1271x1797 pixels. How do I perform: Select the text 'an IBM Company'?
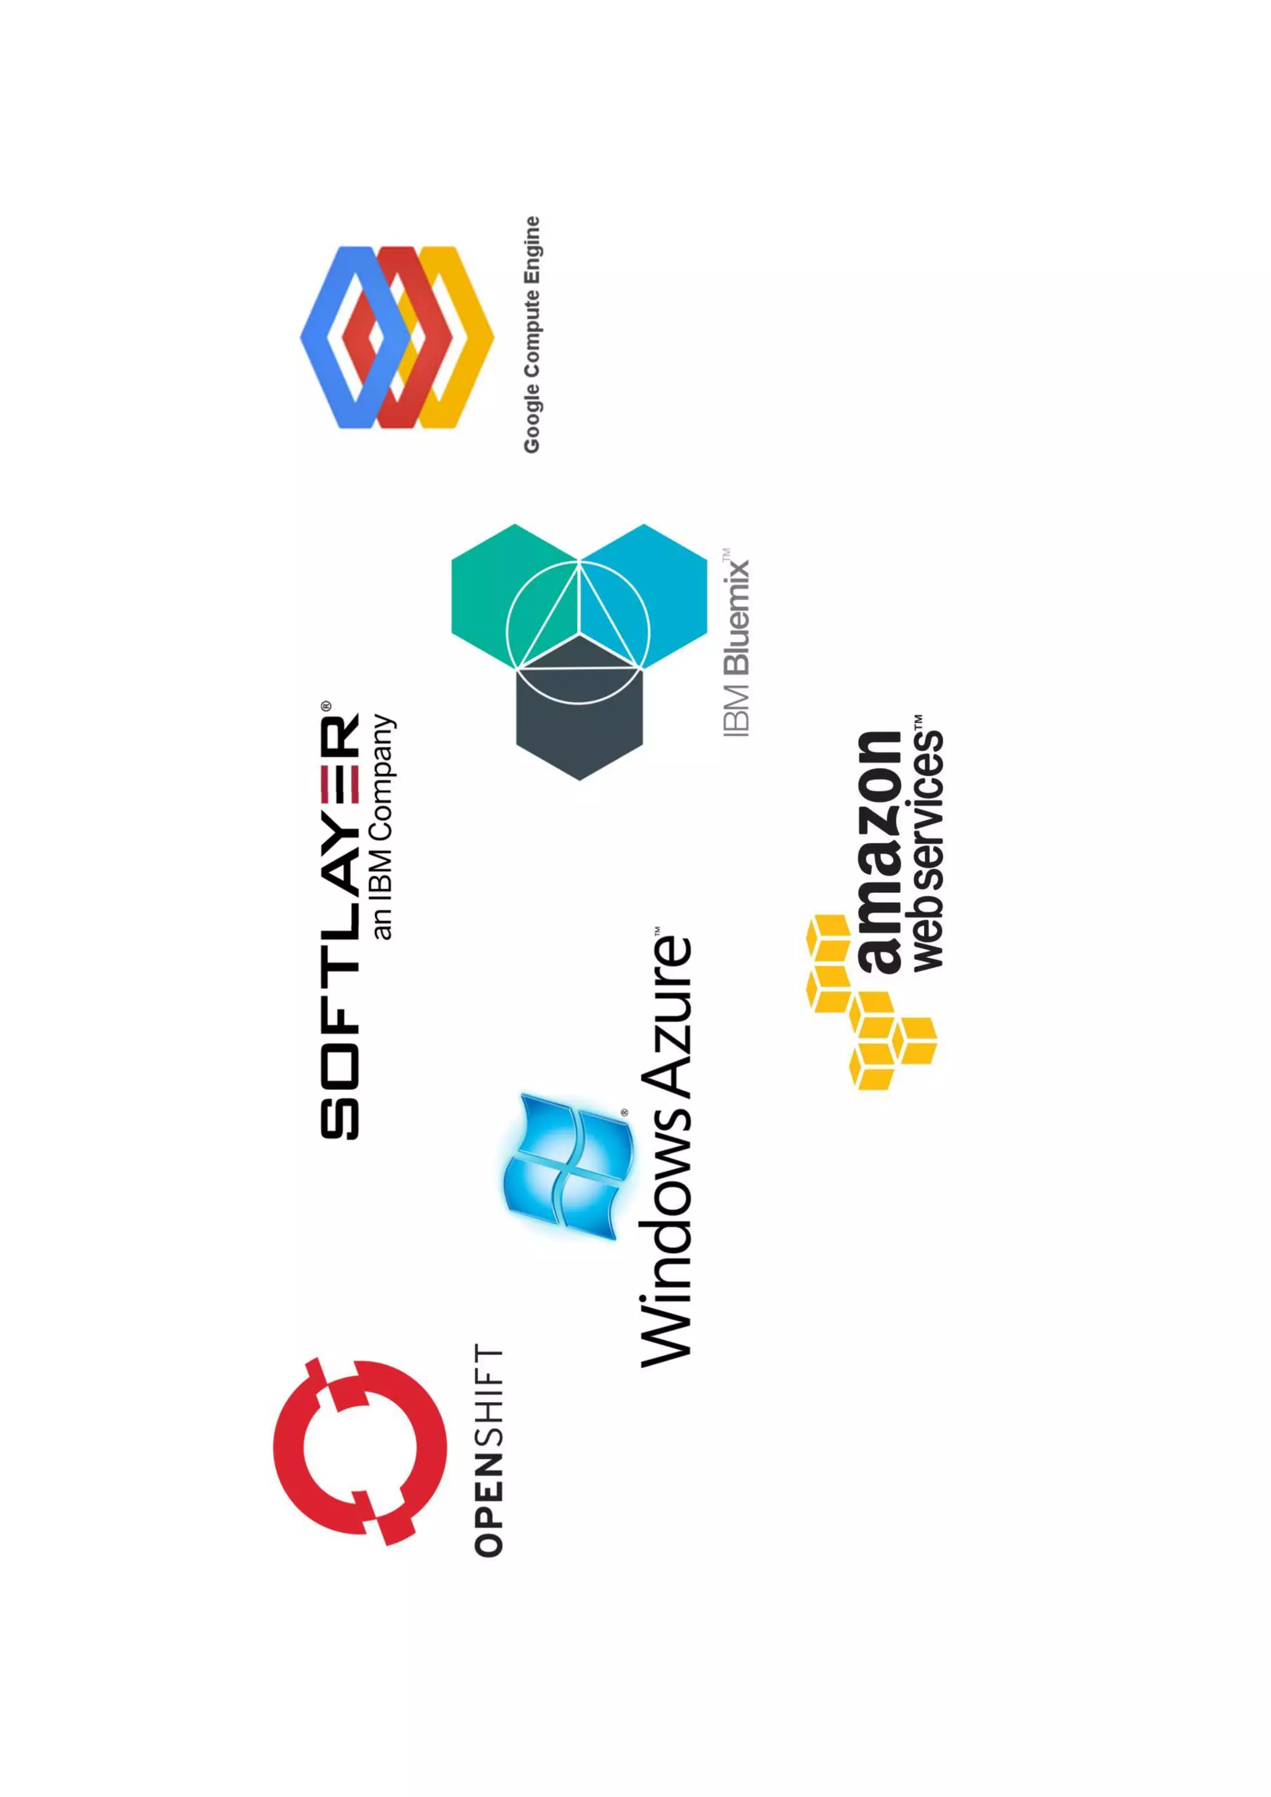[x=383, y=827]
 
